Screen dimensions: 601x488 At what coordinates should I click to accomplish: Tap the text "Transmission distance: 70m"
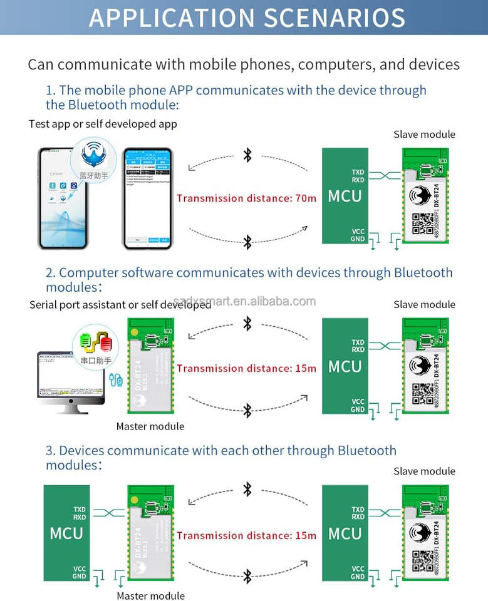[x=246, y=198]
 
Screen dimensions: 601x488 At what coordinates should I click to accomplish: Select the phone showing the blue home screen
[x=63, y=199]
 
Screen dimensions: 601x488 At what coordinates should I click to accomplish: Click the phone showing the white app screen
[x=147, y=199]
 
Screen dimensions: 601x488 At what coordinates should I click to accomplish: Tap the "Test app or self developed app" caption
[x=103, y=124]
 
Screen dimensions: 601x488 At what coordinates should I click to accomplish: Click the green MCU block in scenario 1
[x=345, y=196]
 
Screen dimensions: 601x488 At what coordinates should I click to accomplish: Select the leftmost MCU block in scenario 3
[x=66, y=533]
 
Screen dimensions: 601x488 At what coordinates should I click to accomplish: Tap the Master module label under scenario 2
[x=150, y=426]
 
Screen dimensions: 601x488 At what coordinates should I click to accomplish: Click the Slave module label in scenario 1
[x=424, y=134]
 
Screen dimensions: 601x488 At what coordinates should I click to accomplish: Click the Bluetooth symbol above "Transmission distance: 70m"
[x=247, y=155]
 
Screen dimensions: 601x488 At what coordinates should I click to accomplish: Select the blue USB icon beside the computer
[x=115, y=379]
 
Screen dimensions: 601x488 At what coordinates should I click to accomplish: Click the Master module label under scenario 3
[x=150, y=595]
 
